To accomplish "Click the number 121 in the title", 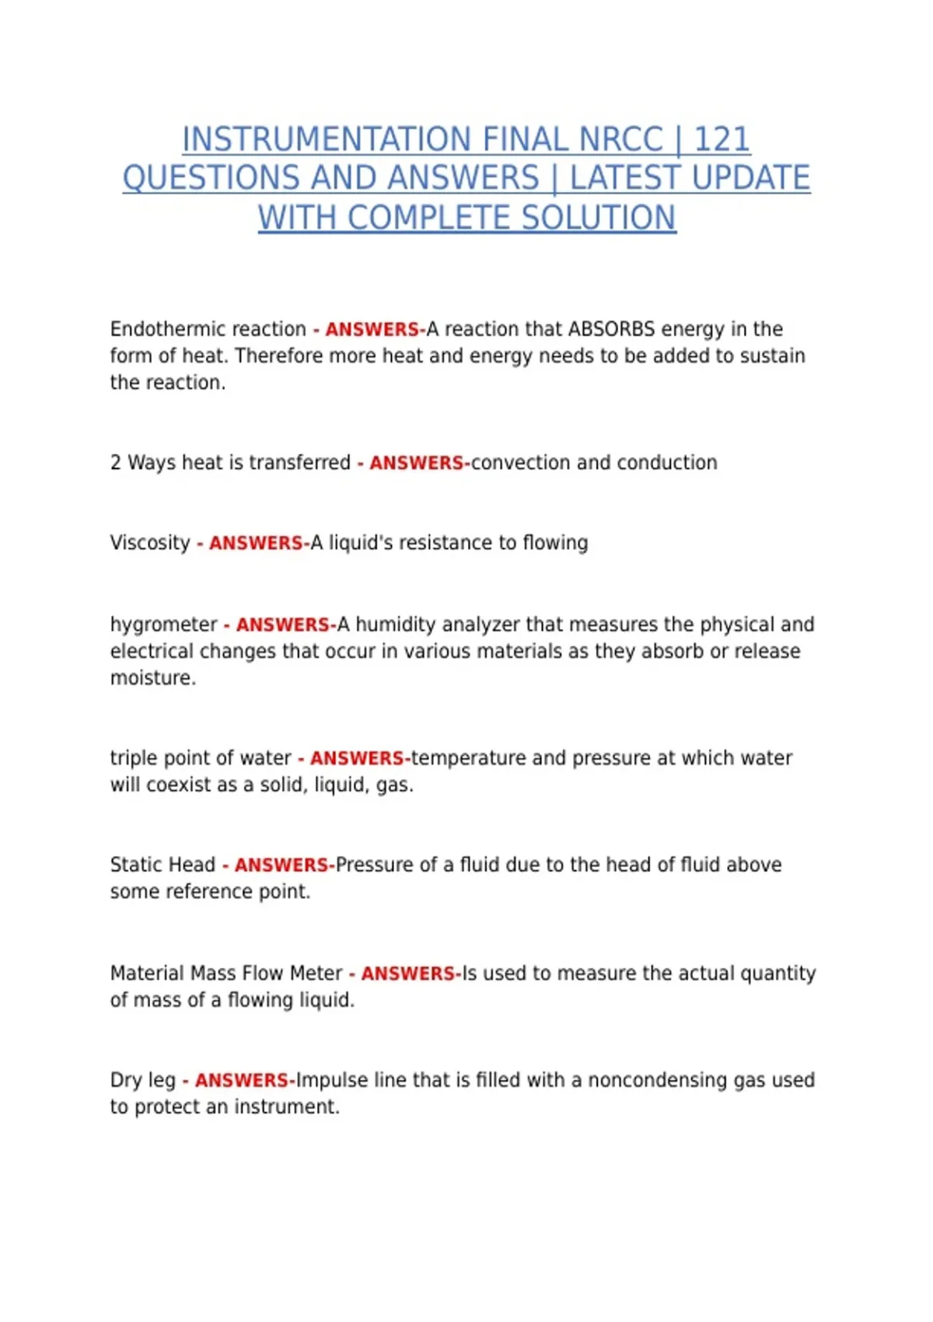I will tap(722, 140).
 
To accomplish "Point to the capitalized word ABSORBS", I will tap(611, 329).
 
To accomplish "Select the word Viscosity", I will tap(150, 543).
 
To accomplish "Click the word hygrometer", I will tap(163, 624).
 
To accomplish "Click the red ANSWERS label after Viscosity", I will tap(256, 543).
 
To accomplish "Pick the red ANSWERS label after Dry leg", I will tap(242, 1080).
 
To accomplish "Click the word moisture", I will tap(152, 678).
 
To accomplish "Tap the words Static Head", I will tap(162, 865).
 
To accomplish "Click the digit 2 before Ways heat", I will tap(116, 463).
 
